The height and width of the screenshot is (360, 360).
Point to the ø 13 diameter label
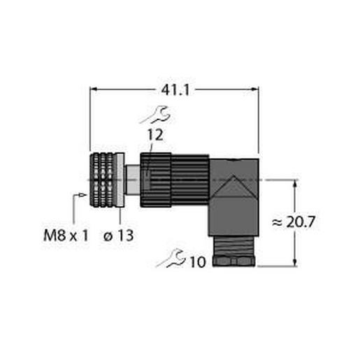(116, 236)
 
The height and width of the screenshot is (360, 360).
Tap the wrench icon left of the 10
(171, 260)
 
